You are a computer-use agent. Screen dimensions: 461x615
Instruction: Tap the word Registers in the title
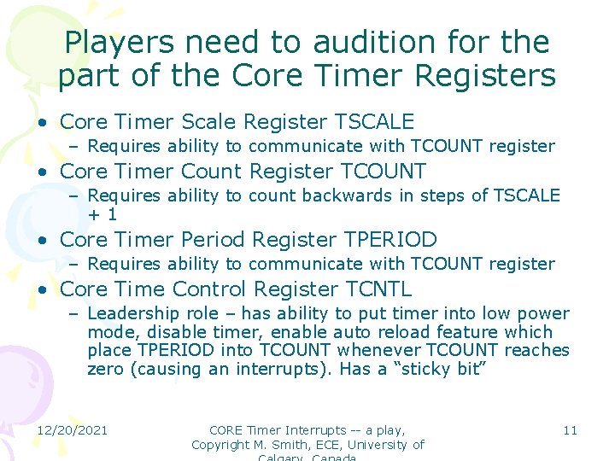tap(484, 76)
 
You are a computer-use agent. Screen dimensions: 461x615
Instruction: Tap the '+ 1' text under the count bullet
tap(102, 214)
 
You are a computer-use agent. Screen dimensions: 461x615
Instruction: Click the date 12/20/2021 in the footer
tap(73, 429)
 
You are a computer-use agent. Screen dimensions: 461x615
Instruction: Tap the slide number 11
tap(570, 429)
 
